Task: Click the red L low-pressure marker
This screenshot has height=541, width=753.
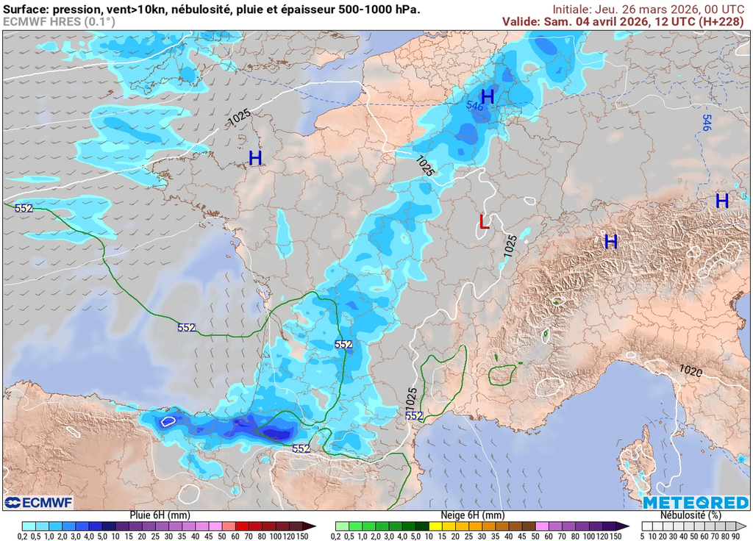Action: click(x=483, y=221)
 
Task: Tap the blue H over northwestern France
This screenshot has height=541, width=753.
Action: click(x=255, y=158)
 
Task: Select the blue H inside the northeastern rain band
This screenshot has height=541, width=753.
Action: click(x=487, y=96)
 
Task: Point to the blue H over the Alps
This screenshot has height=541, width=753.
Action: click(x=610, y=241)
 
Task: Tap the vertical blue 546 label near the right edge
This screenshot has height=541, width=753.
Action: click(x=707, y=123)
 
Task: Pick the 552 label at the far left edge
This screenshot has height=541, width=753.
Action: click(x=24, y=208)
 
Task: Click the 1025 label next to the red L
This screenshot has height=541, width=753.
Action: click(x=510, y=245)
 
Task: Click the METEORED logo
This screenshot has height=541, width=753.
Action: click(x=695, y=503)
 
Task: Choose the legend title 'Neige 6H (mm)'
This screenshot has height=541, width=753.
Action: click(x=472, y=515)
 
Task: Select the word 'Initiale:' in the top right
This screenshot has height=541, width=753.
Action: click(x=575, y=9)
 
